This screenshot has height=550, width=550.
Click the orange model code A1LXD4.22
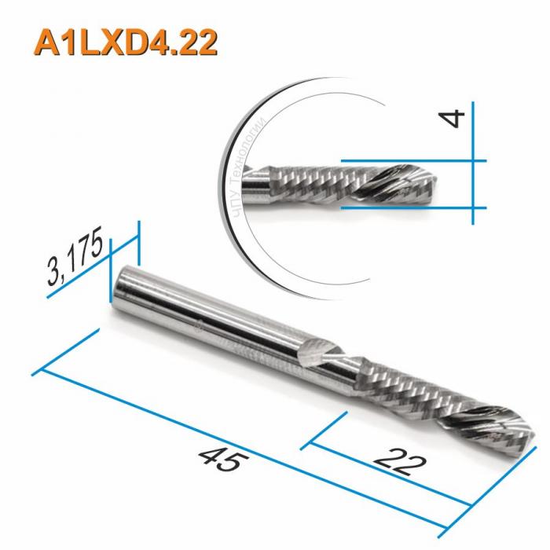(124, 43)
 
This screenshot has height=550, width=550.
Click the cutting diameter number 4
(454, 119)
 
